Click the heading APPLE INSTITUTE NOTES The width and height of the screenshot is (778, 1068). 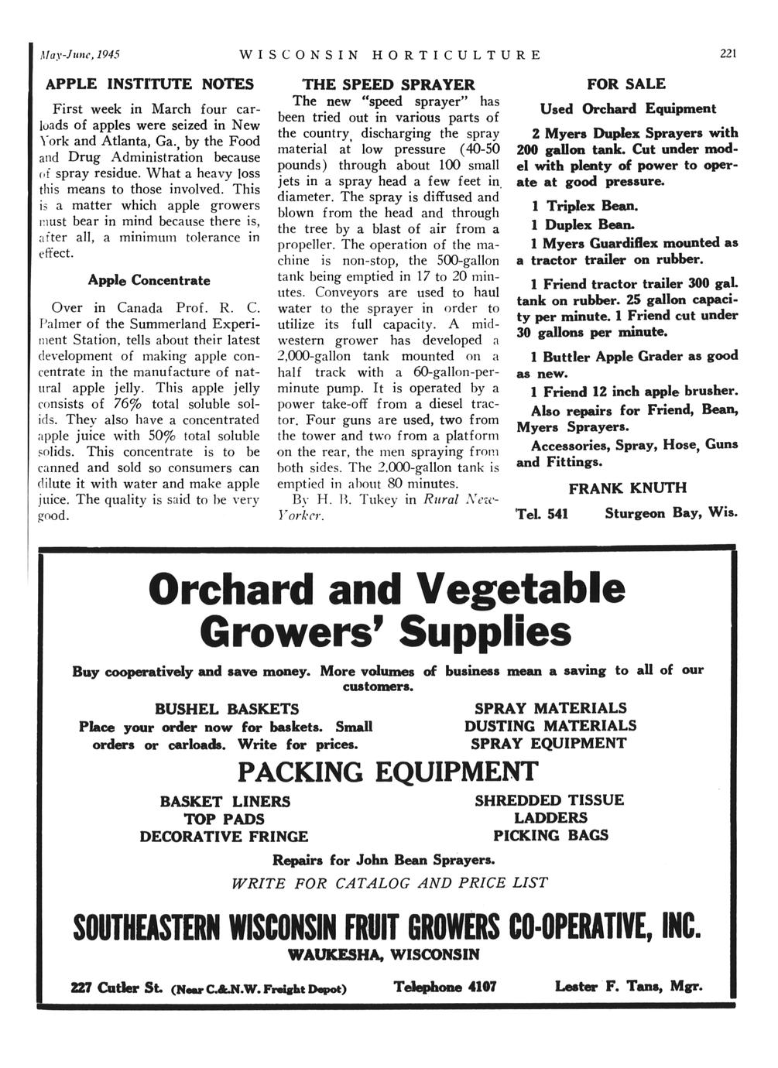[149, 83]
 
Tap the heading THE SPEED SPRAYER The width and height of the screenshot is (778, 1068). [388, 84]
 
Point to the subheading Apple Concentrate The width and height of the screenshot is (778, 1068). [149, 279]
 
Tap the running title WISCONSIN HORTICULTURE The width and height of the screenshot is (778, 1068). [391, 55]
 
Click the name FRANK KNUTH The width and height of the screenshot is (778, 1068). [627, 488]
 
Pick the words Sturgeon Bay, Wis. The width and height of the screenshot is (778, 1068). [671, 513]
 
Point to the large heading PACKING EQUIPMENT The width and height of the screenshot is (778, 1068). [386, 772]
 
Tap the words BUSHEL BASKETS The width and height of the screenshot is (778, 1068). [227, 709]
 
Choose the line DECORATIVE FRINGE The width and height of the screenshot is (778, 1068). [224, 837]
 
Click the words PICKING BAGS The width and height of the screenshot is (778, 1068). [550, 835]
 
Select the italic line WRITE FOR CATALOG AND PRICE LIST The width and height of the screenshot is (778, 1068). [389, 883]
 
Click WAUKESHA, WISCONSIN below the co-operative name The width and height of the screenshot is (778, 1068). [383, 953]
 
